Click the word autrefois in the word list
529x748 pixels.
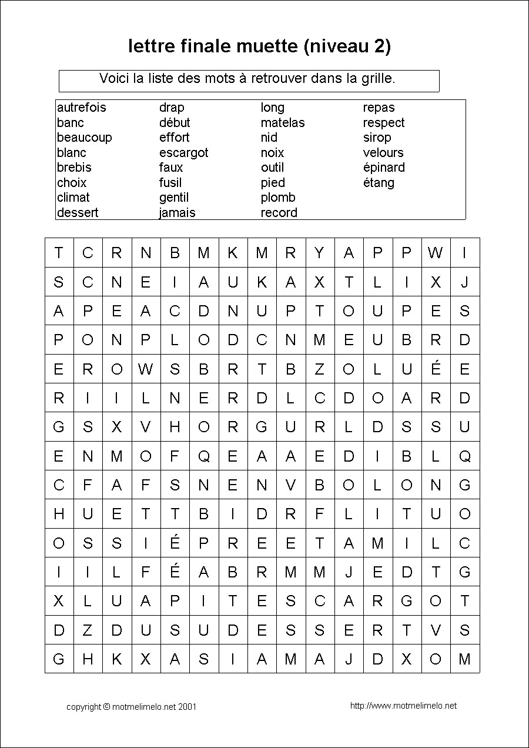pos(82,108)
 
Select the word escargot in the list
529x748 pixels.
pos(183,153)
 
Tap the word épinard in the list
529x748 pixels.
pos(384,168)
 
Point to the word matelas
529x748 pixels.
pos(283,123)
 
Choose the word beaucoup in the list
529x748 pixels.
pos(84,138)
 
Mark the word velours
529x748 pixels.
pos(383,153)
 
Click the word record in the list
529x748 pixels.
pos(279,213)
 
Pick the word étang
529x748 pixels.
pos(379,183)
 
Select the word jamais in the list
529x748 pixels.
pos(178,213)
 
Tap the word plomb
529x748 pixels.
pos(278,198)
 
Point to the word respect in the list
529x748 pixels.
pos(384,123)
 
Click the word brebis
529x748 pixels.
pos(74,168)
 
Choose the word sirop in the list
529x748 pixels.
pos(377,138)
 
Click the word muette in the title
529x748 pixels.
pos(267,46)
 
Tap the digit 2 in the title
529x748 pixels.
pos(378,46)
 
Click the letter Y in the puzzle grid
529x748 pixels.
pos(319,253)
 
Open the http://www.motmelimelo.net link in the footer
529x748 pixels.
pos(403,706)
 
